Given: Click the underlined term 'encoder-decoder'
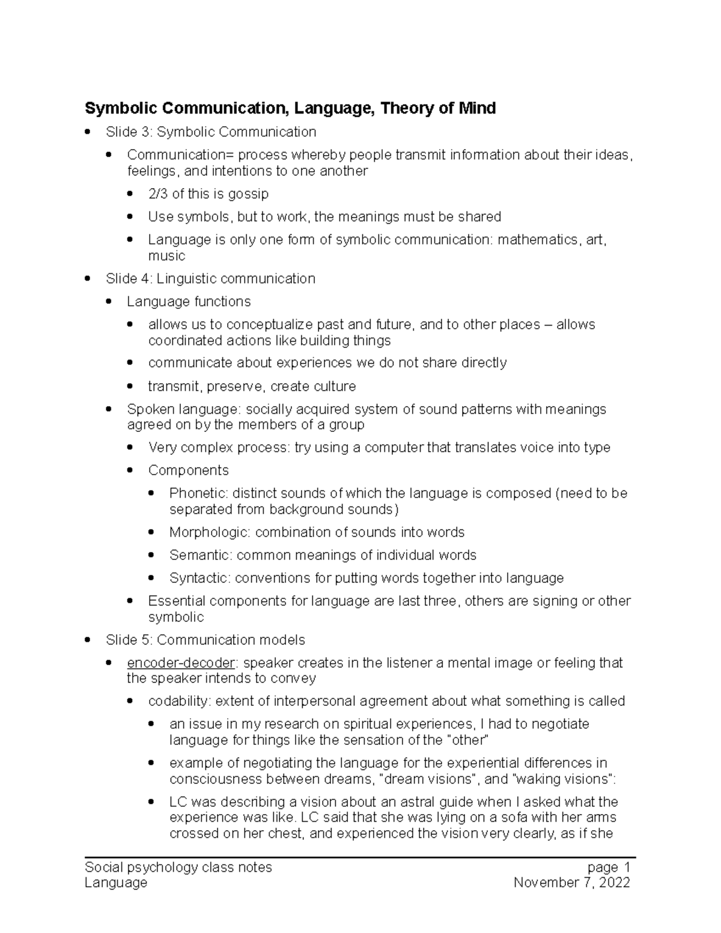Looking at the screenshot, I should pos(181,663).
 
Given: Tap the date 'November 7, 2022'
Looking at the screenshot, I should pos(571,883).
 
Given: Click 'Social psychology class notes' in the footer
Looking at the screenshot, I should pos(178,867).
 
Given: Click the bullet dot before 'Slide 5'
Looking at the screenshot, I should pos(88,640).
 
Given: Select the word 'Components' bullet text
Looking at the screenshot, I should pos(188,470).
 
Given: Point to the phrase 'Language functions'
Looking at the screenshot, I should pos(189,302).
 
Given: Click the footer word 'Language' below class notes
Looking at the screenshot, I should pos(116,883).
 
